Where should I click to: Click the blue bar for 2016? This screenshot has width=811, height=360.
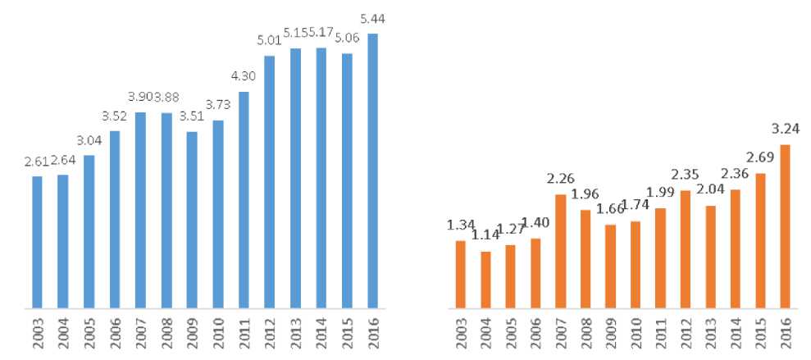point(372,172)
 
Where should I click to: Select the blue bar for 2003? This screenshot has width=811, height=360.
point(36,243)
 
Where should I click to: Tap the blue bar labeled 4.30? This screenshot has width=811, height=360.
point(244,201)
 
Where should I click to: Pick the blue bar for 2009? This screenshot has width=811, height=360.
point(192,221)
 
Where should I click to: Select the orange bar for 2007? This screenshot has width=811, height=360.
point(560,252)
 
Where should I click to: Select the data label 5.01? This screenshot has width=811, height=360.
point(270,40)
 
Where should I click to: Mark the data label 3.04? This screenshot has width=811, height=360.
point(89,139)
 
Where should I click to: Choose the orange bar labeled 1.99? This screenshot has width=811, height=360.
point(660,259)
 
